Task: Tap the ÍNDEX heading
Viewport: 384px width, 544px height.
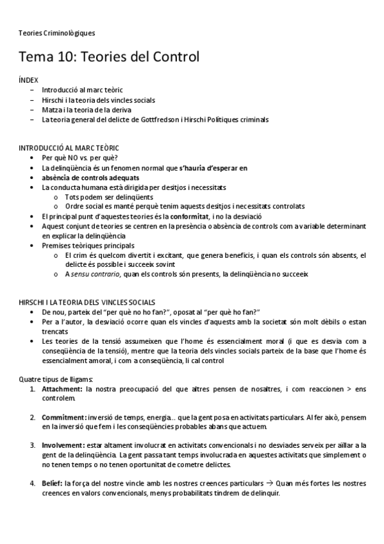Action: pyautogui.click(x=28, y=80)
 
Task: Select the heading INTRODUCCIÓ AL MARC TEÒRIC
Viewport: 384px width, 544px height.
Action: pyautogui.click(x=69, y=148)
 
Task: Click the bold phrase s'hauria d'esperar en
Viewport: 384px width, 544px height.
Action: pyautogui.click(x=213, y=168)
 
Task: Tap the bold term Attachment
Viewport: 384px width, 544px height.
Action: pyautogui.click(x=62, y=389)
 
